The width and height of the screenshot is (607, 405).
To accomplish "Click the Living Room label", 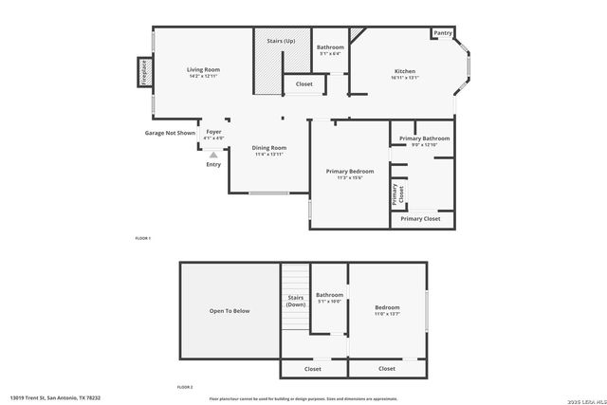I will point(203,70).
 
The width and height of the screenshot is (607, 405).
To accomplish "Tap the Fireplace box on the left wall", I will point(144,72).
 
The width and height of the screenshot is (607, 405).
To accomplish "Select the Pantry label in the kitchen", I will point(442,33).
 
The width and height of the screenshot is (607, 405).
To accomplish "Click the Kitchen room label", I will point(405,72).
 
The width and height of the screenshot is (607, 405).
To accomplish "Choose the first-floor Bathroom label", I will point(330,47).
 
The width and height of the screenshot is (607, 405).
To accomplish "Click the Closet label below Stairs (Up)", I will point(303,84).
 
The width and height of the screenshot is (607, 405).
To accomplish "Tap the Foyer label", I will point(213,132).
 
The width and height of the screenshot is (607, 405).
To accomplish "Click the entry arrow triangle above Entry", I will point(213,154).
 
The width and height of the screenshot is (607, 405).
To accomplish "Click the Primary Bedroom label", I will point(350,172).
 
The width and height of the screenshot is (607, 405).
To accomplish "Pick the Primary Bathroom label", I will point(424,138).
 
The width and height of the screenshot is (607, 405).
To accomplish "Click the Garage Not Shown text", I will point(170,134).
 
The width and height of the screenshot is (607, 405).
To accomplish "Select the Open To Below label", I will point(230,310).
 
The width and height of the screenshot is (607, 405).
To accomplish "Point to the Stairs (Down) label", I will point(296,301).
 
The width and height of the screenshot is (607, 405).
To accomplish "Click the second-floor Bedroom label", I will point(387,307).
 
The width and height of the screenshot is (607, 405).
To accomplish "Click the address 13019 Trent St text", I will point(55,398).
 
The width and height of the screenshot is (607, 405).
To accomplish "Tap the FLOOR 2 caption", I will point(185,387).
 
